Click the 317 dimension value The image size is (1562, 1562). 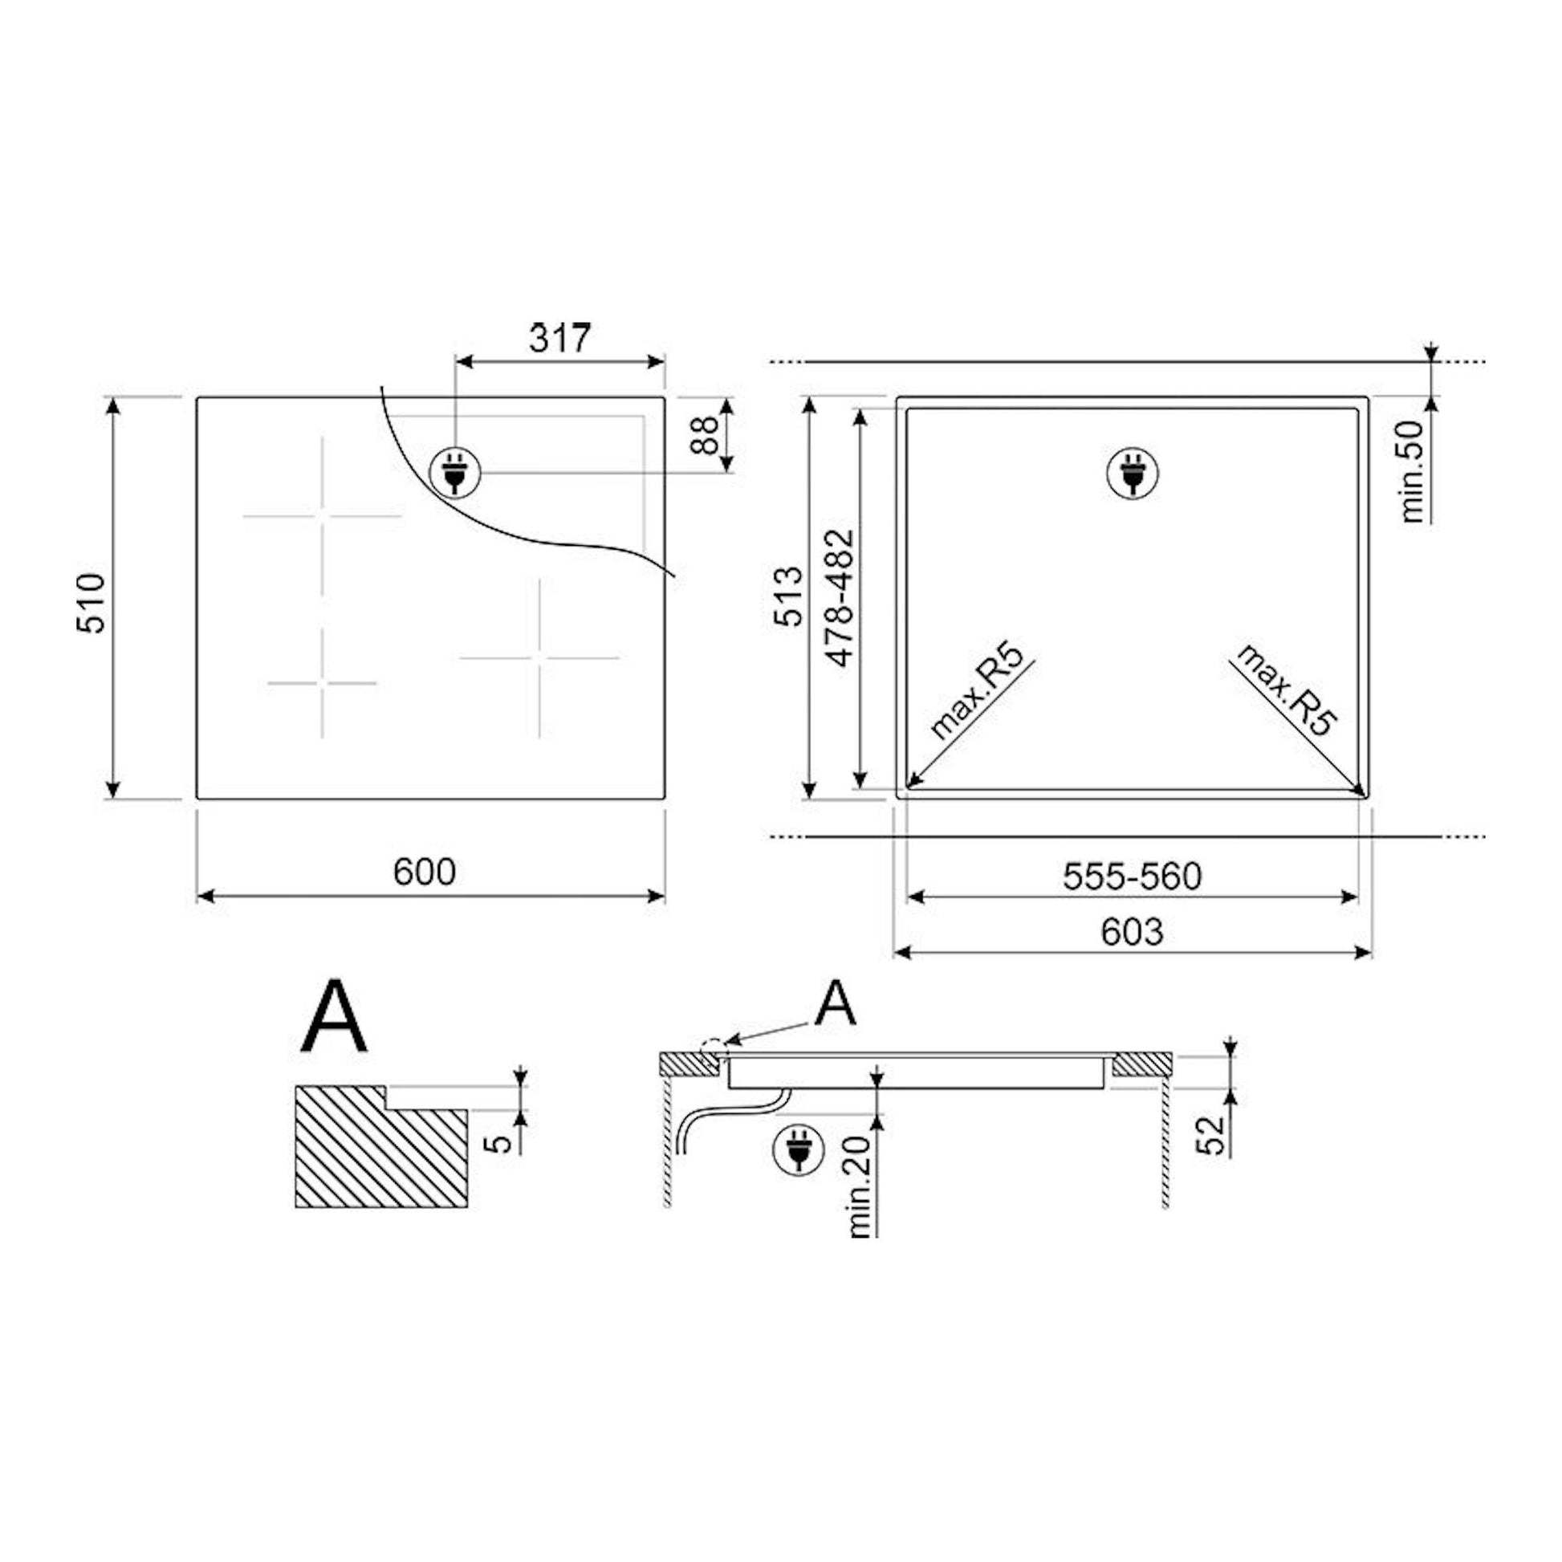tap(560, 338)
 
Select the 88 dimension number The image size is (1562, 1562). tap(706, 435)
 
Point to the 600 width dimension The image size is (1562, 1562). tap(425, 872)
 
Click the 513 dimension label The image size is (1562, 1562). tap(790, 596)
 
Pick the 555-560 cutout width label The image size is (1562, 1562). tap(1132, 877)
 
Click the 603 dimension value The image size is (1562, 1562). tap(1132, 932)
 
